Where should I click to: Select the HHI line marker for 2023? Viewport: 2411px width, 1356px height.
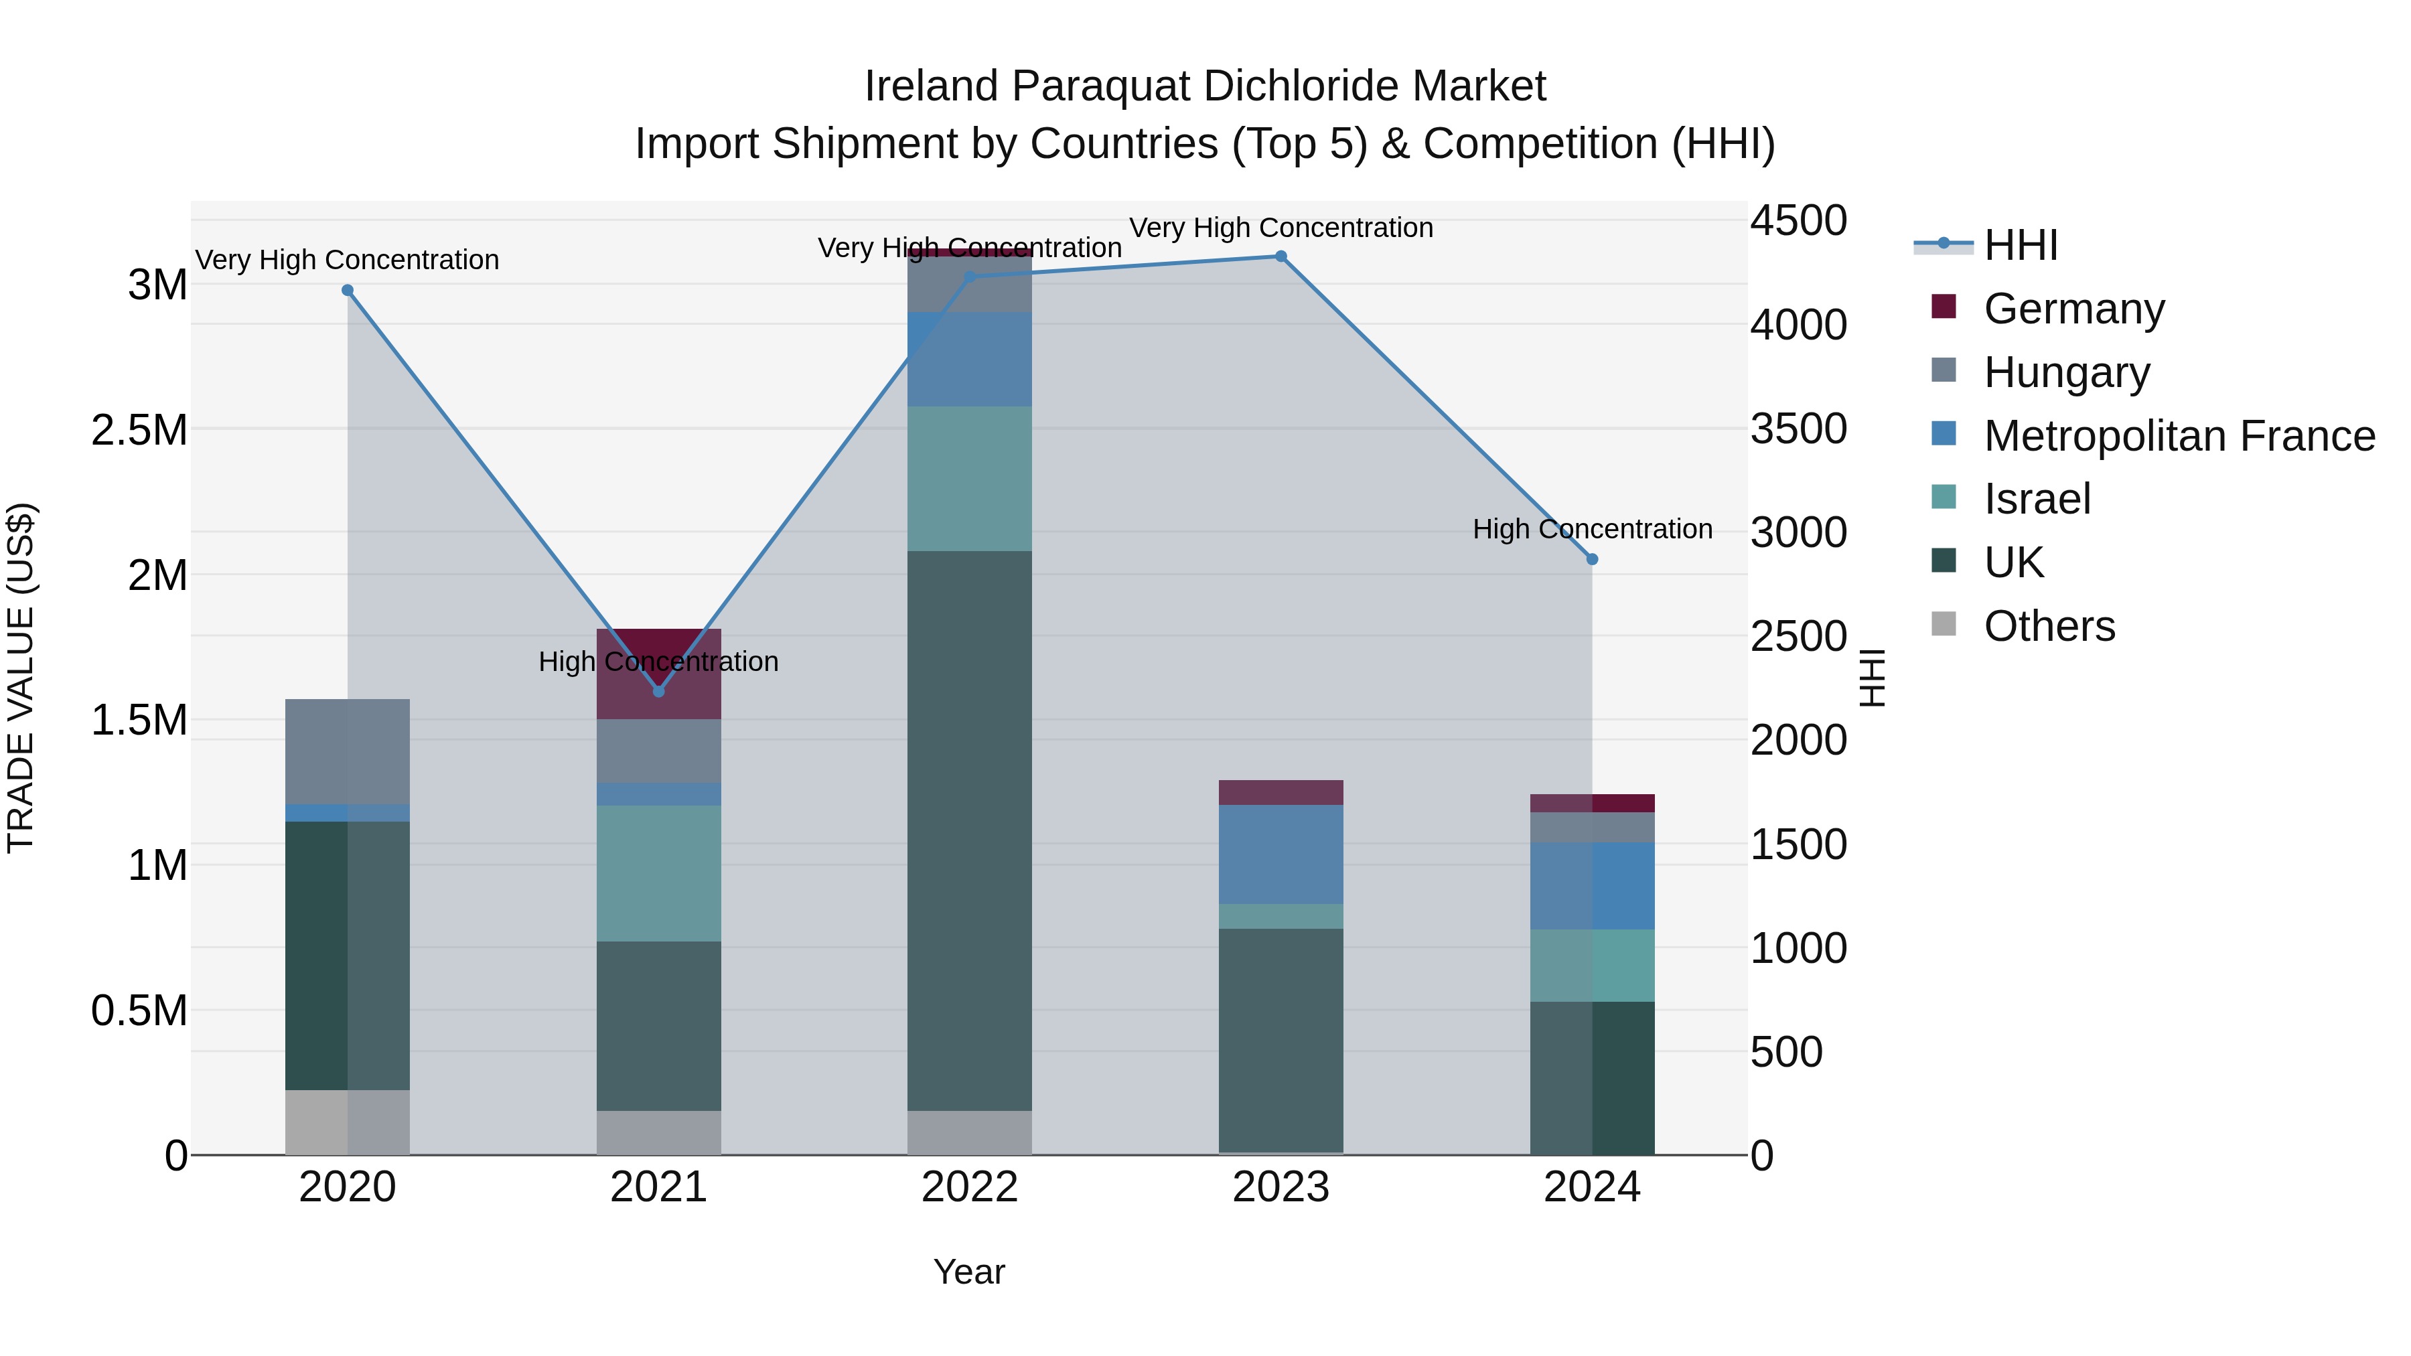[x=1281, y=256]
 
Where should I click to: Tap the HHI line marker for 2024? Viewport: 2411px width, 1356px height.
[x=1592, y=560]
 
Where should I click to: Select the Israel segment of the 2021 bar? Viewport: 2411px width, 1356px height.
[x=659, y=873]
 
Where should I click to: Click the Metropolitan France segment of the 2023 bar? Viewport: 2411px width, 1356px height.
[x=1281, y=854]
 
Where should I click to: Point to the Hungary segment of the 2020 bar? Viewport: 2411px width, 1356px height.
[x=347, y=751]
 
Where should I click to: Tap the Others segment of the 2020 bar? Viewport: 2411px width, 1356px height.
[x=347, y=1122]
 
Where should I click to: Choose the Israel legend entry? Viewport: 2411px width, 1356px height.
[x=2037, y=500]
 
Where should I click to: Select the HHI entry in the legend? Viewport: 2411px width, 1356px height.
[x=2020, y=245]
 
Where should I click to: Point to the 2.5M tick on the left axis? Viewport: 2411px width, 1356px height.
[x=139, y=431]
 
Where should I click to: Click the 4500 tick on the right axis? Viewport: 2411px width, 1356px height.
[x=1798, y=222]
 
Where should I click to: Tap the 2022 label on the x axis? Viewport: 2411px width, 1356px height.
[x=970, y=1187]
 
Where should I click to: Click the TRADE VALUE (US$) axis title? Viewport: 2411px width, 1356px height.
[x=21, y=678]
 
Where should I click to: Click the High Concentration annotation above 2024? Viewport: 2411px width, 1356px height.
[x=1592, y=530]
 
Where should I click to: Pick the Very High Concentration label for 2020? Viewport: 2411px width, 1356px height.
[x=347, y=260]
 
